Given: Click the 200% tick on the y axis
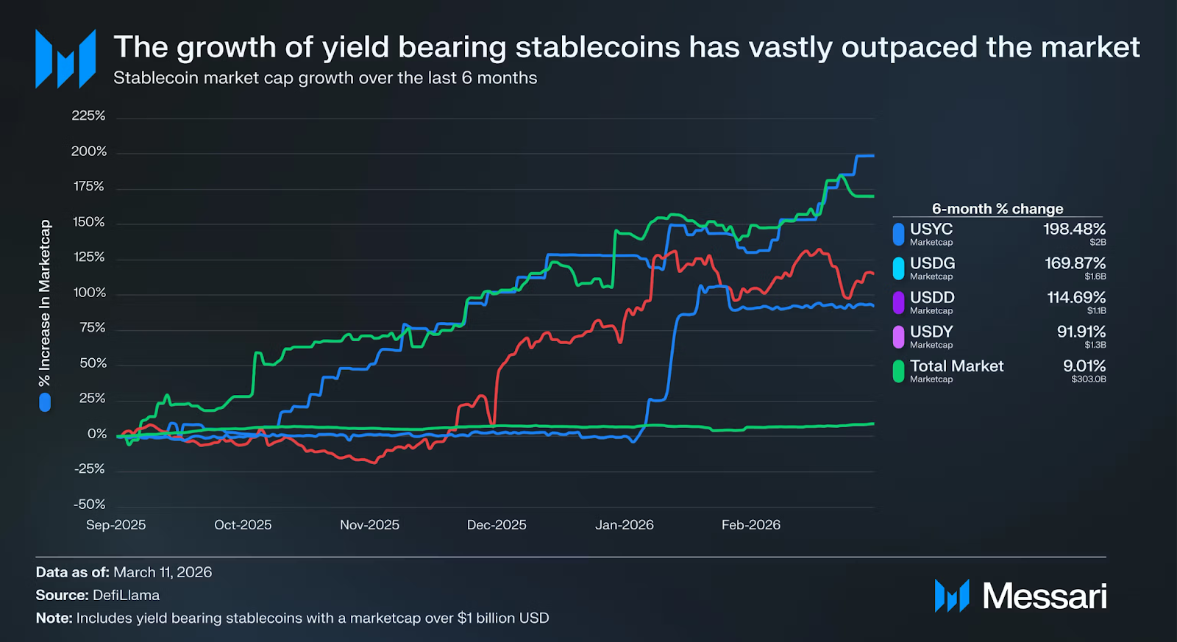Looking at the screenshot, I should point(89,151).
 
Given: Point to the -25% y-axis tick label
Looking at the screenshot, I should point(89,469).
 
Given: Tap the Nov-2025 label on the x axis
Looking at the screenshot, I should point(369,525).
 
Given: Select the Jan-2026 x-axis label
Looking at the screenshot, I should point(624,525).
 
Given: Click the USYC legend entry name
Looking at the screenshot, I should point(931,229).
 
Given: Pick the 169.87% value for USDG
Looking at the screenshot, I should point(1075,263).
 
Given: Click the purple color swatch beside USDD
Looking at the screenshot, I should point(898,302).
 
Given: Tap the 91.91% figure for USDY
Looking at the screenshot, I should point(1081,332).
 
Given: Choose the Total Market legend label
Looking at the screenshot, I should point(956,366).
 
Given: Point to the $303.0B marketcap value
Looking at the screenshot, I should point(1089,379).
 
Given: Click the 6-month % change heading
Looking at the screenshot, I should point(998,209).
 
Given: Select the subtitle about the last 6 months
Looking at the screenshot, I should point(325,78).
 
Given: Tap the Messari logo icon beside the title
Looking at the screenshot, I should point(65,59).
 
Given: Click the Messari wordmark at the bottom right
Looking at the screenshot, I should point(1045,596).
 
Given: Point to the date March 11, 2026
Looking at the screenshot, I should point(163,572).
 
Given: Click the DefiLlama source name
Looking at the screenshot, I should point(126,595).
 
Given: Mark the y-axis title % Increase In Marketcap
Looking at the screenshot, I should point(45,303).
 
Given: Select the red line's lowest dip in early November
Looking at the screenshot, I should point(374,463).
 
